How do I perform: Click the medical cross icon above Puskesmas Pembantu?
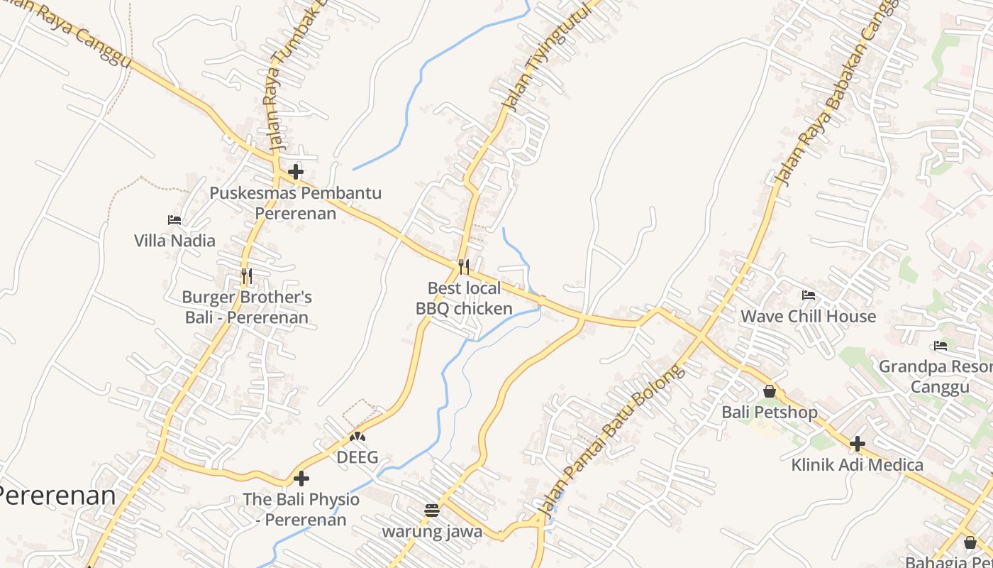pos(296,172)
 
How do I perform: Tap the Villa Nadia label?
pos(174,241)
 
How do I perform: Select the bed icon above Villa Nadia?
pos(174,220)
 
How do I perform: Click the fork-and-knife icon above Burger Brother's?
pos(247,275)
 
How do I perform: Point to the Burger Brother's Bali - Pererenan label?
pos(247,307)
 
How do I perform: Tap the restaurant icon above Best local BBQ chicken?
pos(464,267)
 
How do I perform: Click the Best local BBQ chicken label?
pos(464,298)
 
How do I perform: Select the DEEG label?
pos(357,457)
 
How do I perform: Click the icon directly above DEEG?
pos(357,437)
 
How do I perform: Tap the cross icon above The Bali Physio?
pos(301,479)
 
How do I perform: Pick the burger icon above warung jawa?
pos(432,510)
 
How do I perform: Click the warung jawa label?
pos(432,531)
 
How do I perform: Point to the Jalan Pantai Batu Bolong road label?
pos(611,440)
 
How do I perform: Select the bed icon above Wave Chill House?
pos(809,295)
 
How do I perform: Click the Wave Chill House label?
pos(809,316)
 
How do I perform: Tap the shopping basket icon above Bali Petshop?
pos(770,391)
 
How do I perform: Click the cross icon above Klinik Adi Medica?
pos(858,444)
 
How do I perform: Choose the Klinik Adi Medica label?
pos(858,465)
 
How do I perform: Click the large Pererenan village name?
pos(57,496)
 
